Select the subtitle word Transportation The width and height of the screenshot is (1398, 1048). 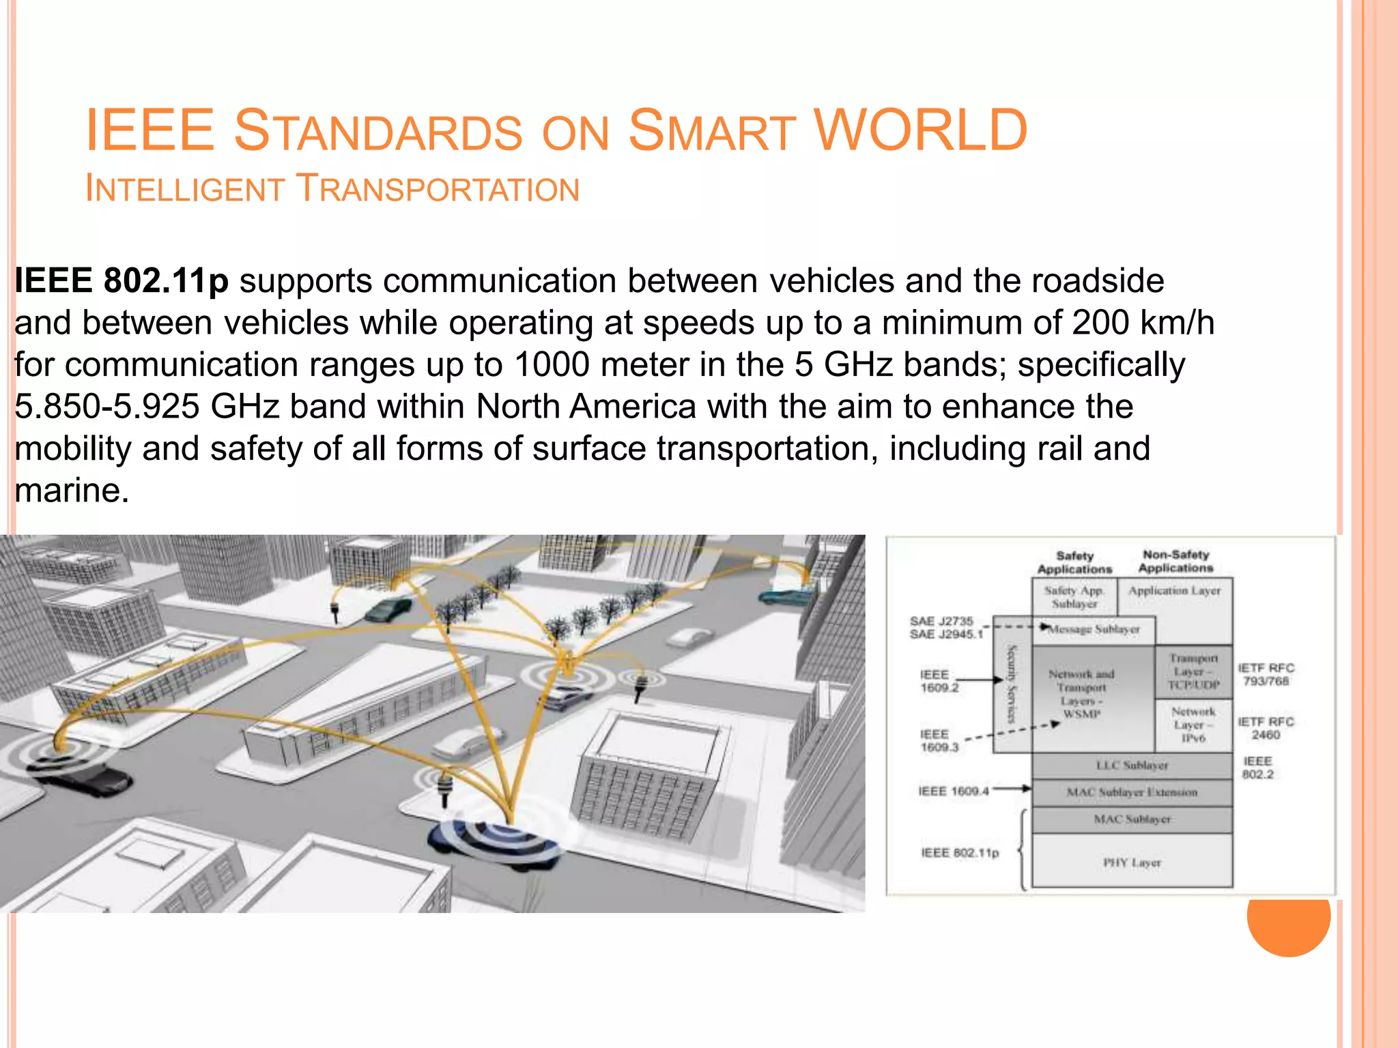439,189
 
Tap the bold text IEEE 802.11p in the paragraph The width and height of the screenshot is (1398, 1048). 122,280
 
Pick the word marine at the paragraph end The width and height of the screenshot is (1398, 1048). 71,490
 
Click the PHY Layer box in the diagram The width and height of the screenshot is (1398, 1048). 1132,862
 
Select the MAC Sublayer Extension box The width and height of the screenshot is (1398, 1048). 1132,792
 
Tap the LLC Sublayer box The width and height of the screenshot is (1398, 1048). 1132,766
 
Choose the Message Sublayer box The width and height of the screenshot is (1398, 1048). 1094,629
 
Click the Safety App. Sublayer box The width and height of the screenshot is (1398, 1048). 1074,597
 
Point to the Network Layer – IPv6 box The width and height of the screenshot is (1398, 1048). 1193,725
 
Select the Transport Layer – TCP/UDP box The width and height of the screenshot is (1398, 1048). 1193,671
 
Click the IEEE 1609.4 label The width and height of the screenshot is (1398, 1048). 953,791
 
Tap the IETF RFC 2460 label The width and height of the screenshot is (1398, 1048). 1266,728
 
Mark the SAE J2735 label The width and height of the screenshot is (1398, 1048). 941,621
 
